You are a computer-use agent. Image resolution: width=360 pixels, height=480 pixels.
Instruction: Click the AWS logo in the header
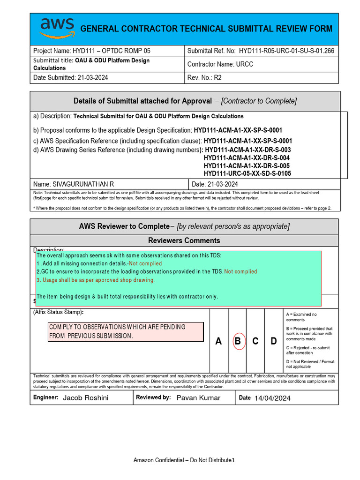coord(56,28)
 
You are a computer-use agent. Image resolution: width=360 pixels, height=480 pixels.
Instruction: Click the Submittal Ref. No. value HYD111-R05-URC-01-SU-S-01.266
coord(286,51)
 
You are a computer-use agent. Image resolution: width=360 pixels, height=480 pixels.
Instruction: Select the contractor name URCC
coord(244,64)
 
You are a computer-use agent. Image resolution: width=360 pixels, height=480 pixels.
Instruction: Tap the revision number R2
coord(217,77)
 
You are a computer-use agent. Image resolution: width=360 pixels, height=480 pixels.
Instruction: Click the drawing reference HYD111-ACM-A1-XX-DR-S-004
coord(247,158)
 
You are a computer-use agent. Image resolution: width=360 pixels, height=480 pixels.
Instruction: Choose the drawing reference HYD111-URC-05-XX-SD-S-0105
coord(247,173)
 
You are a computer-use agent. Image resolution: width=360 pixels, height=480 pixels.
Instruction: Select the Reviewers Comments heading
coord(184,240)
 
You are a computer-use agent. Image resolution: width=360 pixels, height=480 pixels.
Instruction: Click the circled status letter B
coord(238,341)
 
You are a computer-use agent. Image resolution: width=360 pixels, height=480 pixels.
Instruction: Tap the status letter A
coord(218,341)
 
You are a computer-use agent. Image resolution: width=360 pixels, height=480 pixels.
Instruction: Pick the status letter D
coord(274,341)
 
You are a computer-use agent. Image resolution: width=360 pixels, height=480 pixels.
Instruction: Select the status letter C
coord(255,341)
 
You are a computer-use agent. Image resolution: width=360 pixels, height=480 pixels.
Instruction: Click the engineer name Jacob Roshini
coord(85,398)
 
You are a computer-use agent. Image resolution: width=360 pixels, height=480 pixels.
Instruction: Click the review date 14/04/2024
coord(272,398)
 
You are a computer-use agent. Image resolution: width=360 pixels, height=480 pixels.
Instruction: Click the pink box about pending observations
coord(126,331)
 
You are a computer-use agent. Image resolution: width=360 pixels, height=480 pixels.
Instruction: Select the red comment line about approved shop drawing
coord(96,280)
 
